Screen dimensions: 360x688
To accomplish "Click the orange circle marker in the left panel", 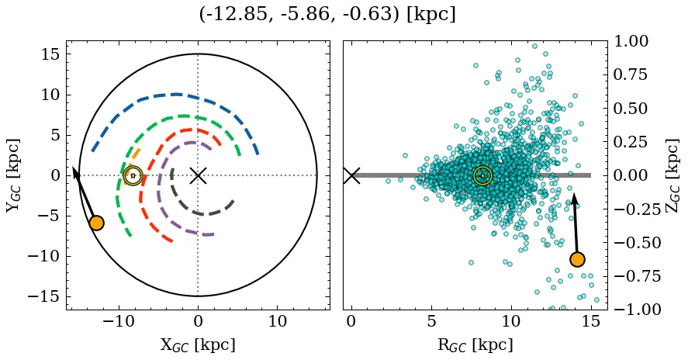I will [x=96, y=223].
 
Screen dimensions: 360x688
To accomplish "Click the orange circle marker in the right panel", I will [x=576, y=259].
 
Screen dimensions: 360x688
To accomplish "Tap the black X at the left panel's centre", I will [x=198, y=175].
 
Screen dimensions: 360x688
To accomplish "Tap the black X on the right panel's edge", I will [x=351, y=175].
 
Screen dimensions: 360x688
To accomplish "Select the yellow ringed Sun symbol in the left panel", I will [x=133, y=175].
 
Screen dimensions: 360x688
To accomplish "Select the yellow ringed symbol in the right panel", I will [x=482, y=175].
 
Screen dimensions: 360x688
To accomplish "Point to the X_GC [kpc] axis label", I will [x=198, y=344].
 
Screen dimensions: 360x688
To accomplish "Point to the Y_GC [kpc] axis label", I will [x=12, y=175].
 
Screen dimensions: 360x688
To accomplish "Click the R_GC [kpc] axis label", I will [x=474, y=344].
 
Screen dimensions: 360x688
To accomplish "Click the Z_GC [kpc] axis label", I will [x=672, y=175].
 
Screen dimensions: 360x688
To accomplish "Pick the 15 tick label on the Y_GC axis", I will [x=50, y=54].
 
